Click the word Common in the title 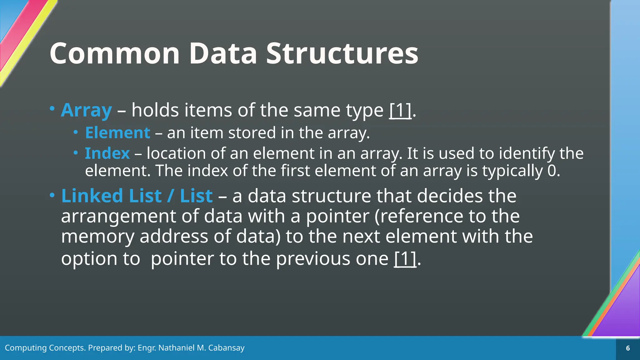(114, 54)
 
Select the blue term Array (86, 110)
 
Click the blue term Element (117, 133)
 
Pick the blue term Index (107, 153)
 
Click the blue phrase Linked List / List (137, 196)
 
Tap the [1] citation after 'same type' (400, 110)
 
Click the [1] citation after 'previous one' (405, 259)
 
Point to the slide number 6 (628, 348)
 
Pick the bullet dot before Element (76, 132)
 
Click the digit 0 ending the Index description (552, 171)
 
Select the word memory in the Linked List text (97, 237)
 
